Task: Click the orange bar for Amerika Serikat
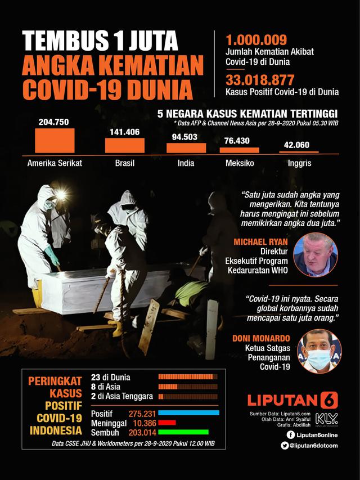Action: (55, 141)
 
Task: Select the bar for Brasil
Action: (124, 145)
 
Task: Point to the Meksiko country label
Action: (240, 163)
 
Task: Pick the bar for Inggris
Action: (299, 152)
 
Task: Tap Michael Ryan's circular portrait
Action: (316, 255)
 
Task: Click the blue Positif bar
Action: (189, 413)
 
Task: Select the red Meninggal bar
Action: (167, 423)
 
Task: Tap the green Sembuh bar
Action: (183, 432)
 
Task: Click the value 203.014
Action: (141, 432)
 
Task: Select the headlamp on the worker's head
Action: (59, 195)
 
